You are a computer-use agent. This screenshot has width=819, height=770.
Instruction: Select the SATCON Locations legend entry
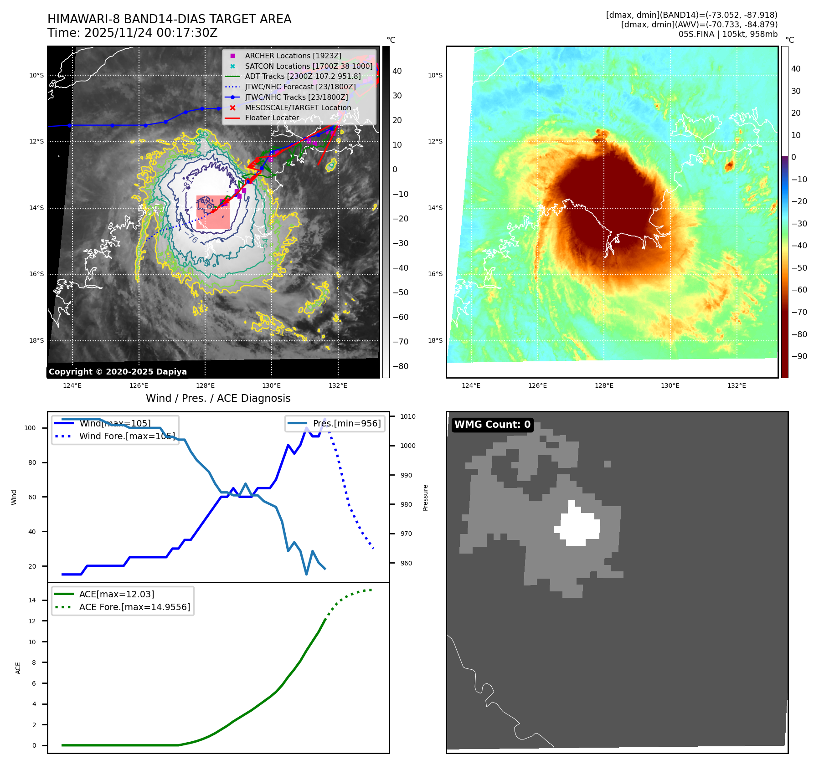click(309, 66)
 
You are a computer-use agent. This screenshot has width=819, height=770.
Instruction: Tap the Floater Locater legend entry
click(272, 118)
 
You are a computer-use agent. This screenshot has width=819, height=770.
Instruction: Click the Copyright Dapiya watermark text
click(118, 372)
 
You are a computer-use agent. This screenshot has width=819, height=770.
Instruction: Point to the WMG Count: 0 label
click(492, 425)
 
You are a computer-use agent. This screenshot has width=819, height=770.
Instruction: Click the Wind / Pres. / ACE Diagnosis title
click(218, 398)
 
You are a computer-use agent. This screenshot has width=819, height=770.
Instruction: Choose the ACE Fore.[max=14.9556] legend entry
click(134, 607)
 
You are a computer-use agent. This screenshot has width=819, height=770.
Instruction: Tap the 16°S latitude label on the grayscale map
click(37, 274)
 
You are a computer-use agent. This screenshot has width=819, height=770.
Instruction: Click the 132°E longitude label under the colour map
click(737, 385)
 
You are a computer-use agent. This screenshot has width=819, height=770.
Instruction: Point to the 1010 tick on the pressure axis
click(407, 416)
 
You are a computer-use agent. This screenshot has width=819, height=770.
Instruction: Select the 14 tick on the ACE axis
click(32, 600)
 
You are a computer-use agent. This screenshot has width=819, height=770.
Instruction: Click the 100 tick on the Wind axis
click(30, 428)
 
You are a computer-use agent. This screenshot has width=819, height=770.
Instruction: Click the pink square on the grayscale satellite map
click(213, 212)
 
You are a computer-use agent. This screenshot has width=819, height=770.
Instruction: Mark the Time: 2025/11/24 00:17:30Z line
click(133, 33)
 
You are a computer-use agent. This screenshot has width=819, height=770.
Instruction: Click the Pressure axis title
click(425, 498)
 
